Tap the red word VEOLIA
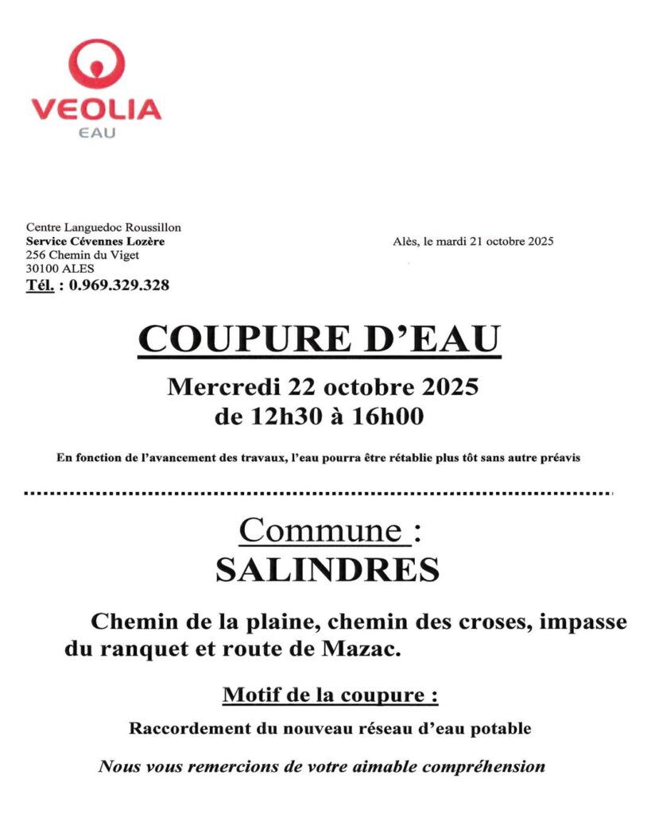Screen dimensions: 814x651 96,109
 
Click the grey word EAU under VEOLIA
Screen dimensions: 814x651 97,133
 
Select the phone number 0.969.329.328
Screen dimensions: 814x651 119,285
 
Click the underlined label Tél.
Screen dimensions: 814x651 40,285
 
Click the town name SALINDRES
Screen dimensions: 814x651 327,570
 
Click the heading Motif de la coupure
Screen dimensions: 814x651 330,695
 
